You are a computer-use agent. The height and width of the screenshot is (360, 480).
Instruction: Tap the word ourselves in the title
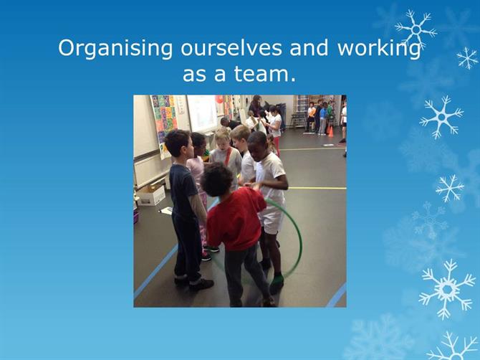[x=231, y=48]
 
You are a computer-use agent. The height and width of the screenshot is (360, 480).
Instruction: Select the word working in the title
[x=379, y=49]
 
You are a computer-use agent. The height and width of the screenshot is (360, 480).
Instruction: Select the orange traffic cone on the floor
[x=330, y=131]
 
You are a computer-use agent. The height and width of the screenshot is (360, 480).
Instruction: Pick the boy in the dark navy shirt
[x=185, y=209]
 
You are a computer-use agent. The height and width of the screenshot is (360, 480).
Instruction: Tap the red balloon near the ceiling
[x=219, y=99]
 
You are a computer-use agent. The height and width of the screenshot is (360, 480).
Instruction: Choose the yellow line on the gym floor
[x=317, y=188]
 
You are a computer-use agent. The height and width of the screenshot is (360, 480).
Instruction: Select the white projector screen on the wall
[x=202, y=113]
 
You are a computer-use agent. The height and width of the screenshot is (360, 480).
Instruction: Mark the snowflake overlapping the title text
[x=416, y=29]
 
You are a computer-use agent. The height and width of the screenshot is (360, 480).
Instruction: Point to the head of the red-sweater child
[x=217, y=179]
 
